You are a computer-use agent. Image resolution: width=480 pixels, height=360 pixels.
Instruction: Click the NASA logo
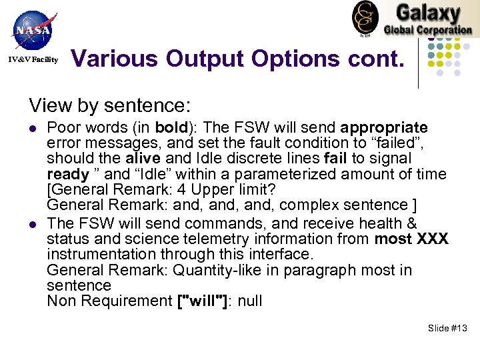pyautogui.click(x=32, y=30)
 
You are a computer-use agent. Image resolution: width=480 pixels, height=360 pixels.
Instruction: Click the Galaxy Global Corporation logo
pyautogui.click(x=413, y=19)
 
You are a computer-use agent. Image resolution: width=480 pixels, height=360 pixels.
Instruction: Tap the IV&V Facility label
pyautogui.click(x=33, y=60)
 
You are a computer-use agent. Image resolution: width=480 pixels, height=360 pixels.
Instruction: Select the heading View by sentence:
pyautogui.click(x=110, y=105)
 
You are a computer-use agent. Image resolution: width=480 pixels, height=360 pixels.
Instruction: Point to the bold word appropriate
pyautogui.click(x=384, y=127)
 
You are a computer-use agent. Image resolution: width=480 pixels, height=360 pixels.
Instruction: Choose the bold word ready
pyautogui.click(x=68, y=174)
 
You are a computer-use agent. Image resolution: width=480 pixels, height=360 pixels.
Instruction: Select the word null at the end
pyautogui.click(x=250, y=301)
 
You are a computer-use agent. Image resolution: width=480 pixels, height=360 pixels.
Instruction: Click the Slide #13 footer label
pyautogui.click(x=448, y=328)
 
